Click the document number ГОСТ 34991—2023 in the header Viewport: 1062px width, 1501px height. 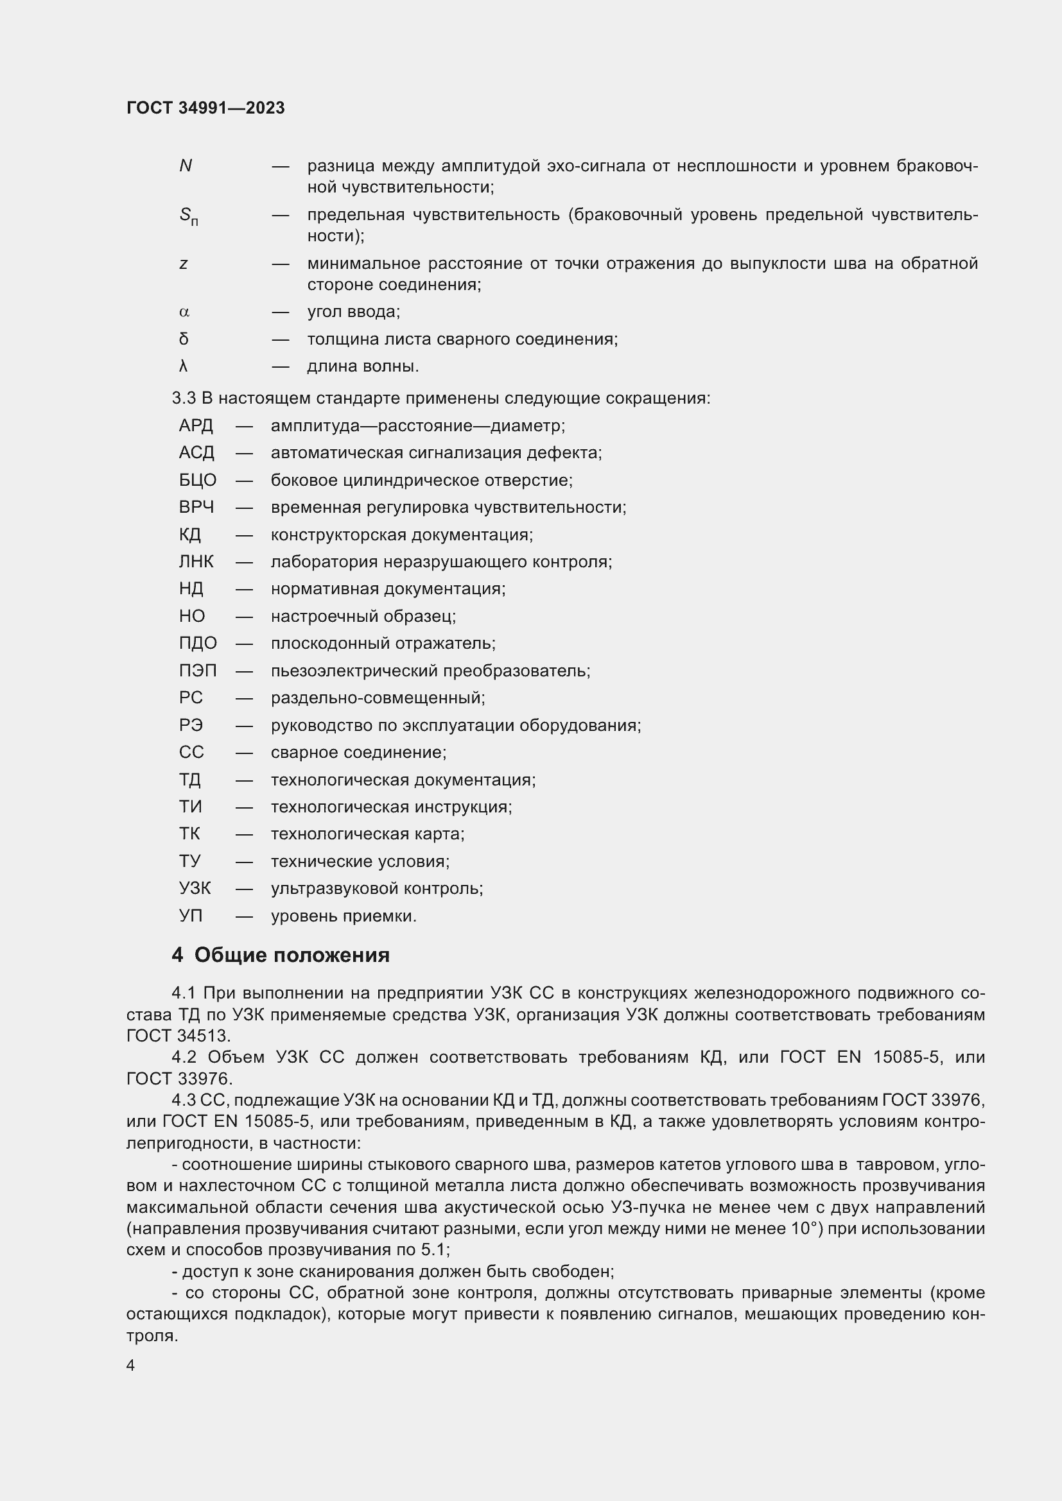[205, 108]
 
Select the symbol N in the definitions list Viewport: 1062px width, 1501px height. [185, 166]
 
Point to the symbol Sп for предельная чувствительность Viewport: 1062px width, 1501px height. [188, 216]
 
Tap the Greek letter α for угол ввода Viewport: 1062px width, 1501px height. [184, 313]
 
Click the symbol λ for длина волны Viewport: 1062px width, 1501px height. [183, 367]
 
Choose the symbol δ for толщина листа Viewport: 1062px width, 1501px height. [184, 339]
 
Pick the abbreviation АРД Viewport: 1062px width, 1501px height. [196, 426]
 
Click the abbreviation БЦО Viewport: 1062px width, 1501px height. [198, 481]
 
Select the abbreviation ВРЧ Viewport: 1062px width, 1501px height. [196, 508]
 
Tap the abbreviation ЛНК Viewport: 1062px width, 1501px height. [196, 562]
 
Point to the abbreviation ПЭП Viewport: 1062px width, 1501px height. [198, 671]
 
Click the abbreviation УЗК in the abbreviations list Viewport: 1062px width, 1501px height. [195, 888]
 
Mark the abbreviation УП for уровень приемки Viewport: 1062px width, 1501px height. [190, 916]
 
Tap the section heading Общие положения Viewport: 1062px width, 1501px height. [292, 955]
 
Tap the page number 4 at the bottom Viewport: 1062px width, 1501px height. [131, 1366]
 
